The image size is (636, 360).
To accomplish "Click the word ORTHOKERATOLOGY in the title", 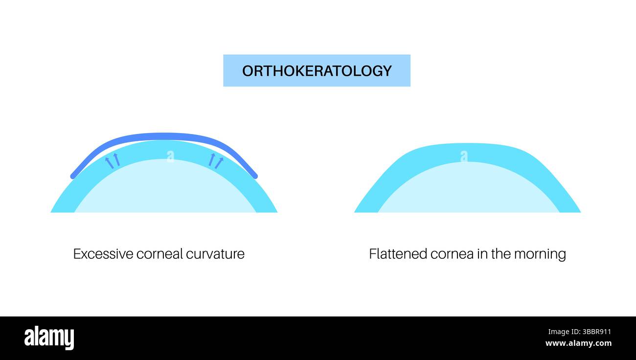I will pos(317,71).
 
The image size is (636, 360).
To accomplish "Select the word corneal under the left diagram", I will pos(157,254).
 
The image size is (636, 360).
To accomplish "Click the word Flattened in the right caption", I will pos(397,254).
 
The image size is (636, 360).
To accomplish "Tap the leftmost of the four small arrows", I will pos(109,162).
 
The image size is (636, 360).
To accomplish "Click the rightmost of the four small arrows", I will pos(219,162).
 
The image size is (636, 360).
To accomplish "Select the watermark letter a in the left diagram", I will pos(170,156).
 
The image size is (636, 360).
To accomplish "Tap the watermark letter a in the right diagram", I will pos(463,156).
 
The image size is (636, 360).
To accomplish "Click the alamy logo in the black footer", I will pos(49,338).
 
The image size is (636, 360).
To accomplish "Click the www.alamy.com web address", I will pos(578,343).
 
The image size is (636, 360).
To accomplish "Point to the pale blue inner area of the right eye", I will pos(468,191).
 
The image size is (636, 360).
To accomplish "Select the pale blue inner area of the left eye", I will pos(165,188).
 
